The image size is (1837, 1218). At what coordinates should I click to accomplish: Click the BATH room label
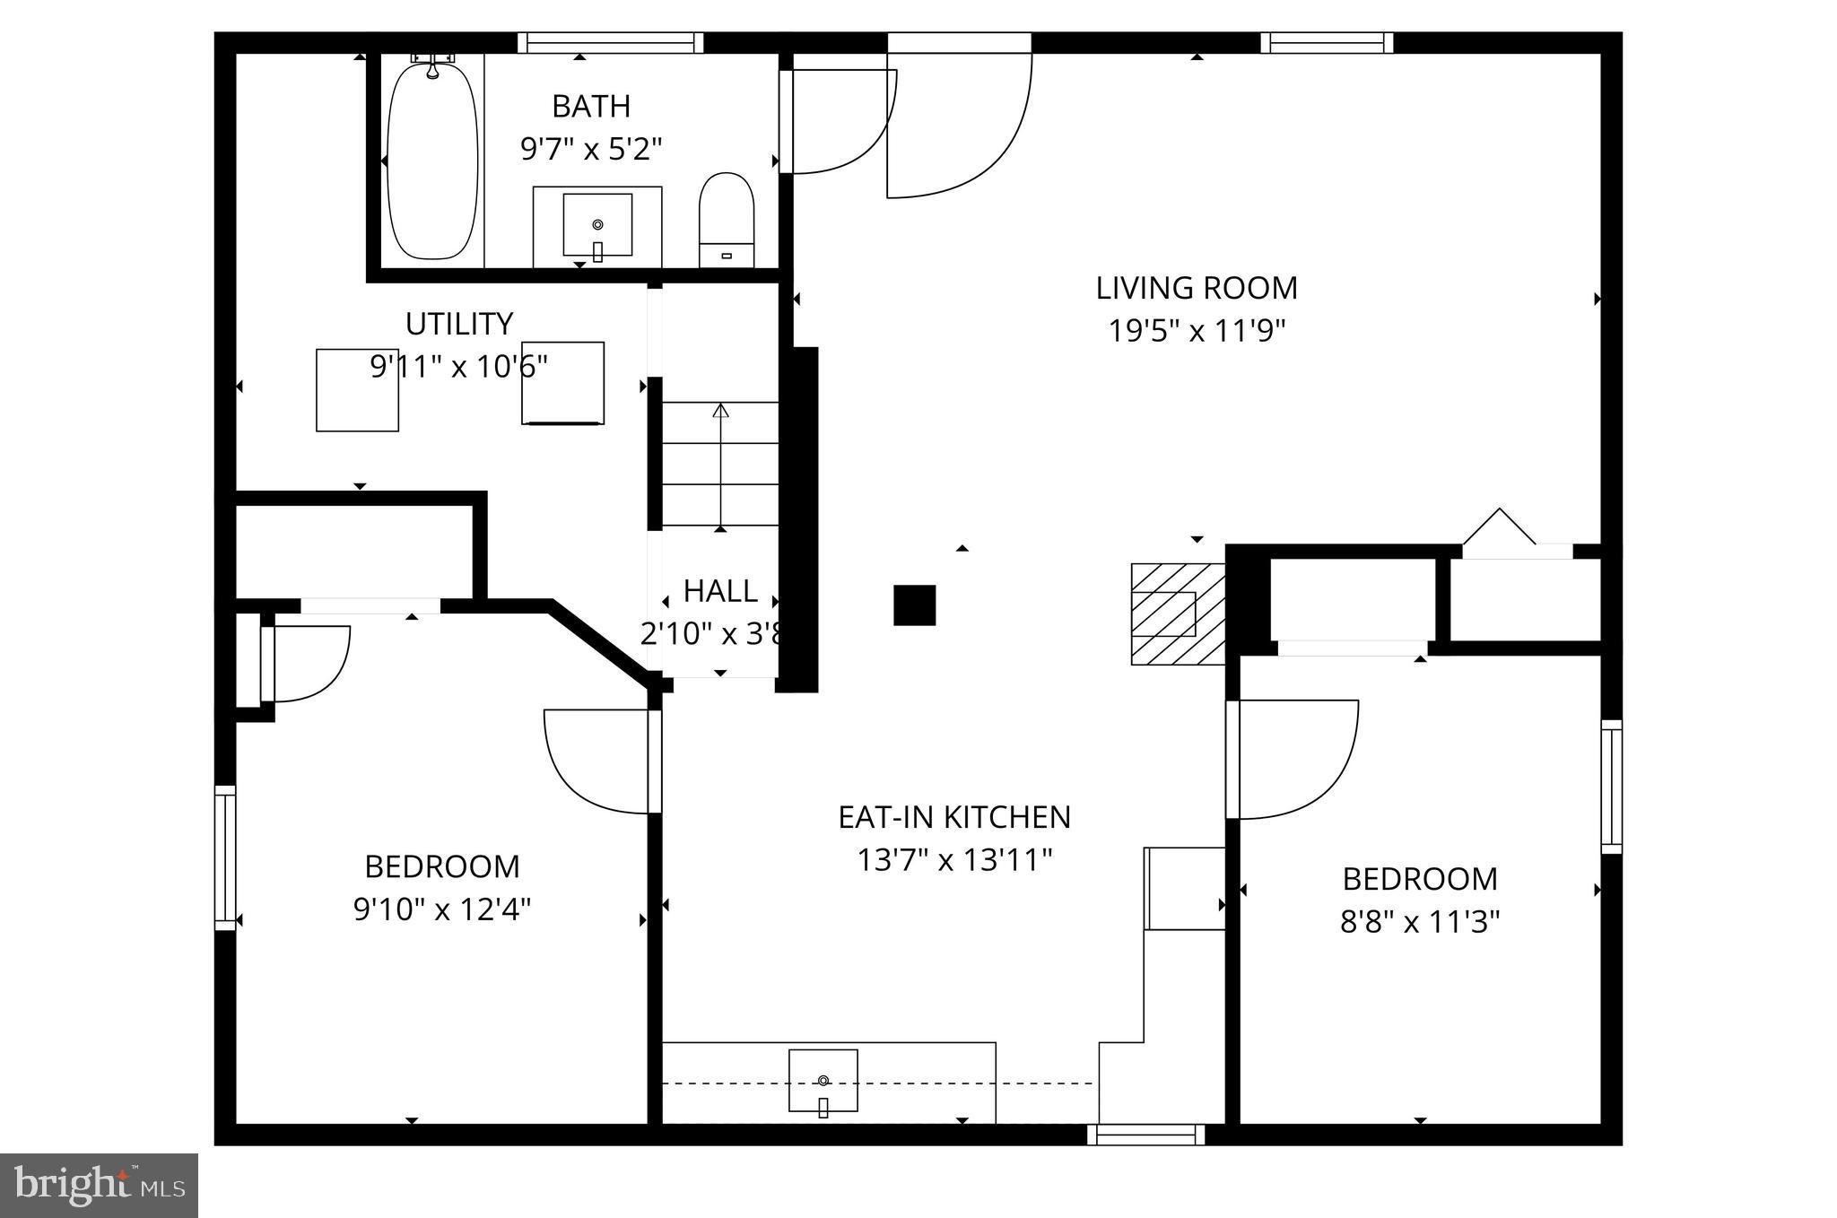tap(591, 106)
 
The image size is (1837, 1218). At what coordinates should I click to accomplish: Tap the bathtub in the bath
tap(432, 161)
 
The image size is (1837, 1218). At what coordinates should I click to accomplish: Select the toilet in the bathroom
tap(727, 220)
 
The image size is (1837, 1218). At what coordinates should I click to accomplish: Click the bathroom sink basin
tap(597, 224)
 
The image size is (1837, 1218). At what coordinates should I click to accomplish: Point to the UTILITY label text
tap(459, 323)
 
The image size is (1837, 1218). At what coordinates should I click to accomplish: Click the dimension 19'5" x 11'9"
tap(1197, 331)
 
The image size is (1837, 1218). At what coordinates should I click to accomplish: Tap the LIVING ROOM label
tap(1197, 288)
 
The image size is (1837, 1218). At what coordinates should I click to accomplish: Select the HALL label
tap(720, 591)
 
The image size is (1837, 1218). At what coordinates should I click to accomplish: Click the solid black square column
tap(914, 605)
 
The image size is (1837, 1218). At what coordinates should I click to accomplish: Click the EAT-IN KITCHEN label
tap(954, 817)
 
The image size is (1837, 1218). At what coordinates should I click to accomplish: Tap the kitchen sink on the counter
tap(823, 1081)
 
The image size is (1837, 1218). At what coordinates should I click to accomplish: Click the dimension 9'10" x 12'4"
tap(442, 910)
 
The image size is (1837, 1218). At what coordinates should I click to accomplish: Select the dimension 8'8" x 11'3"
tap(1420, 922)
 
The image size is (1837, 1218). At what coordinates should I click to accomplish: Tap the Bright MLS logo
tap(99, 1186)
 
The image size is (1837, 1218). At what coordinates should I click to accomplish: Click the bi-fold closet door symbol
tap(1500, 529)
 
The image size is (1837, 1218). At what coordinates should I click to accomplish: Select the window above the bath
tap(611, 42)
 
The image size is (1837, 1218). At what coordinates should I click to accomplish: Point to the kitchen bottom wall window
tap(1145, 1135)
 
